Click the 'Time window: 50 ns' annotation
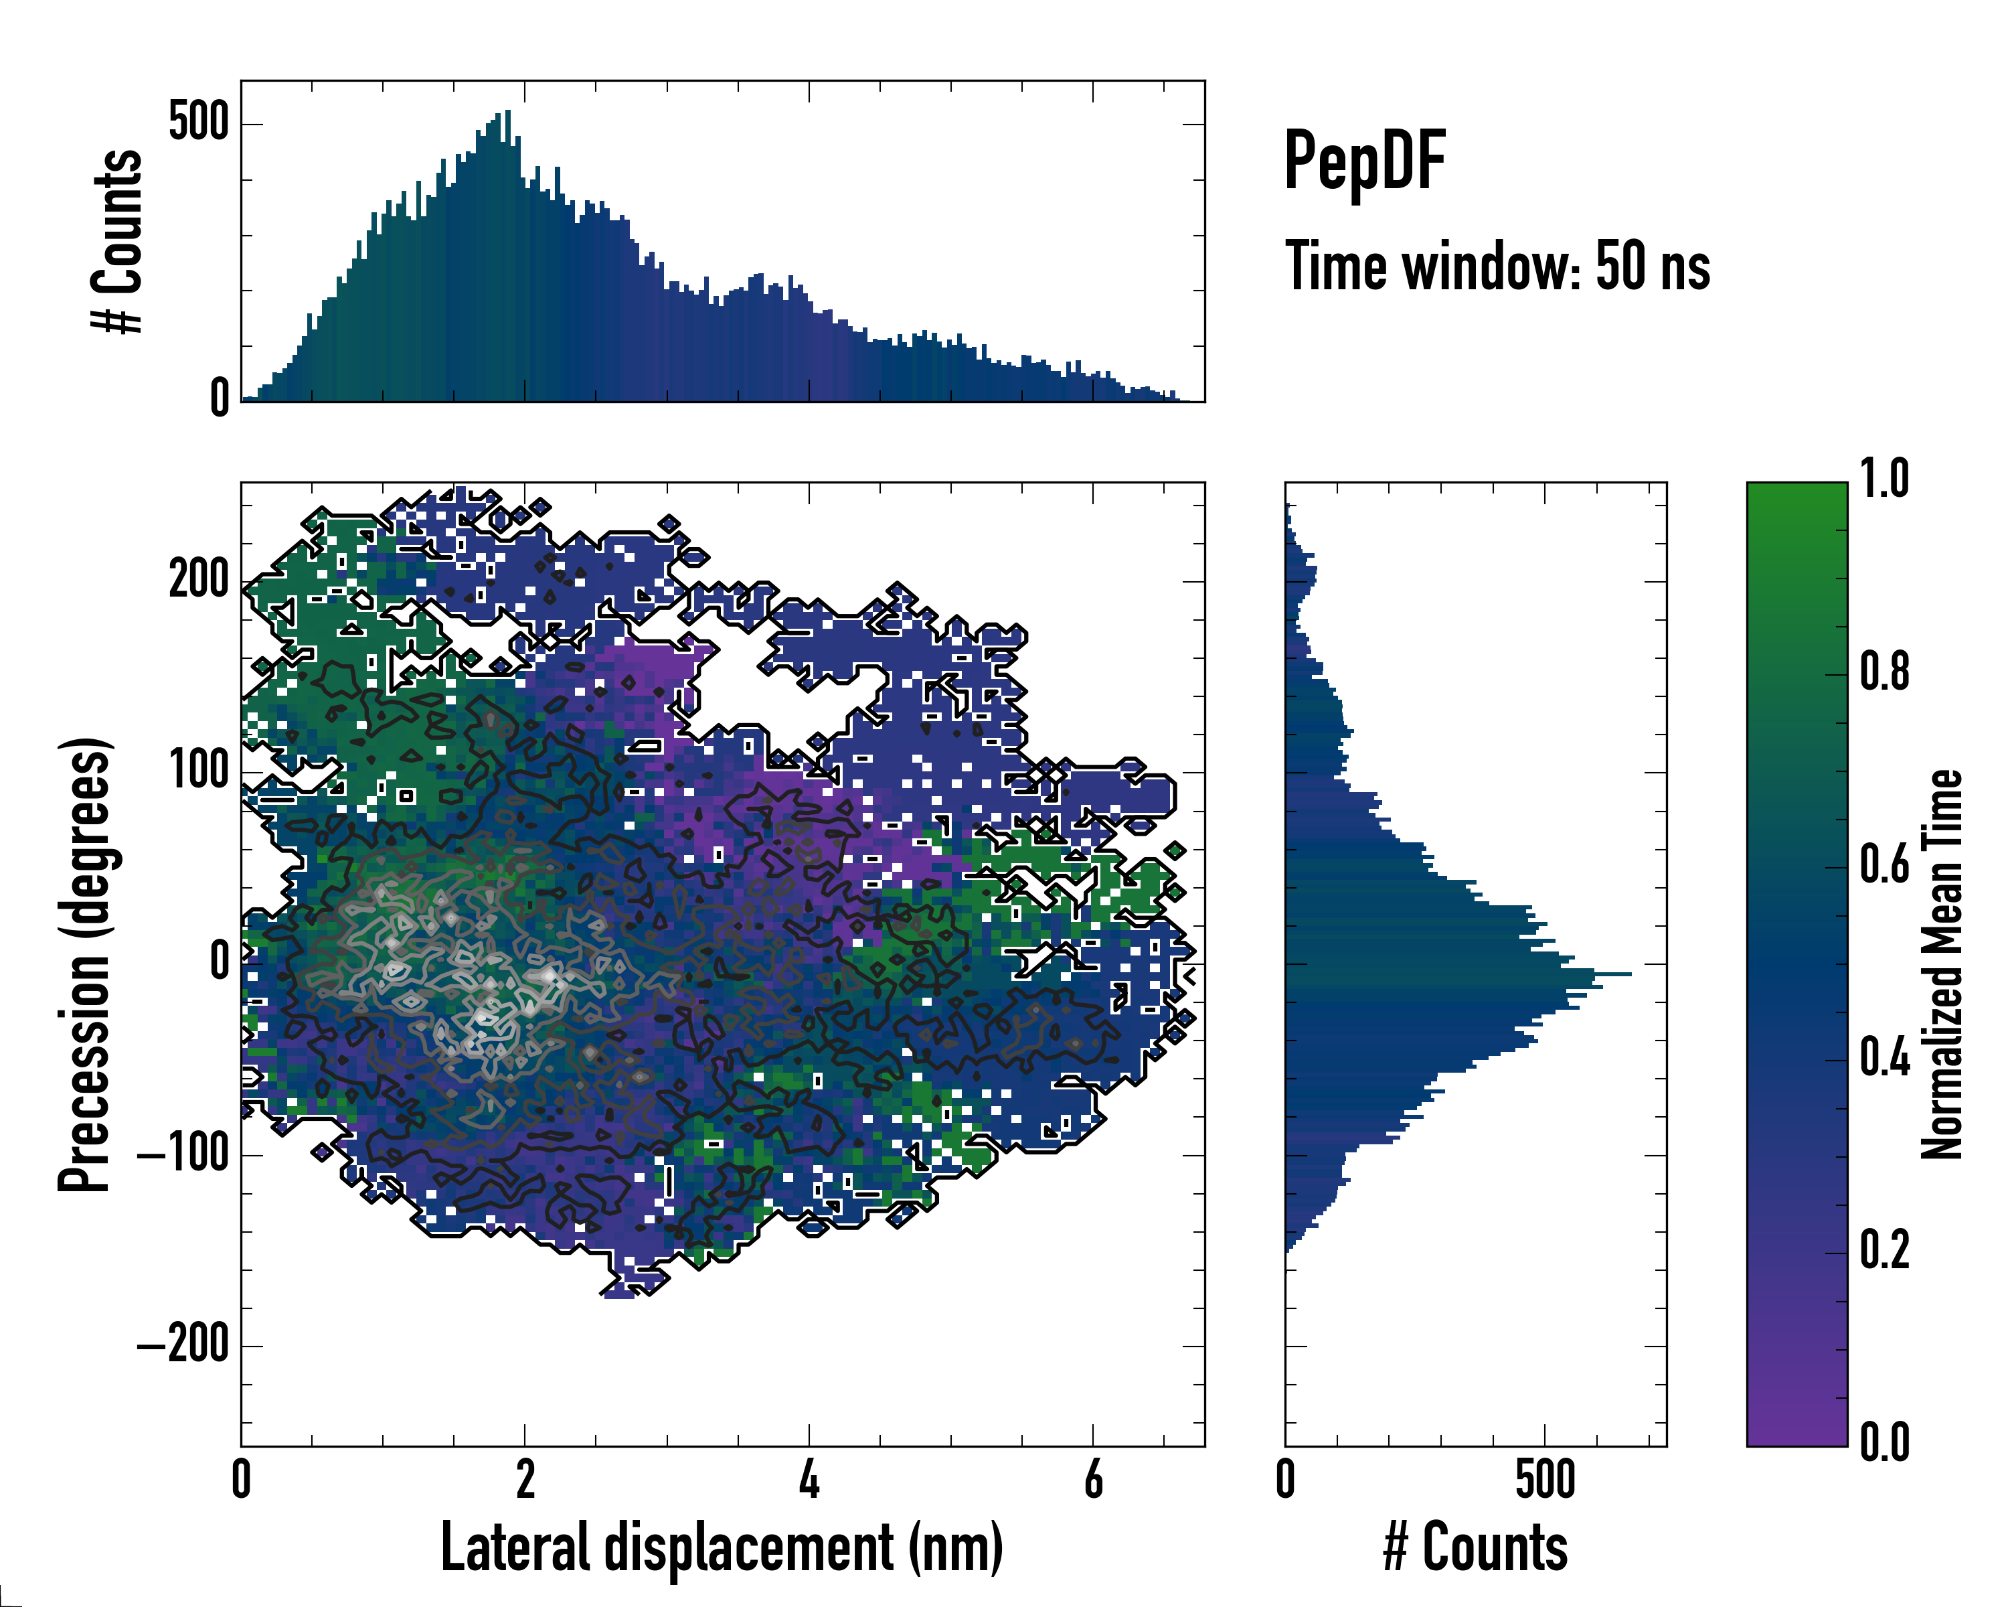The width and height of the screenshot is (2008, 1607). pos(1497,266)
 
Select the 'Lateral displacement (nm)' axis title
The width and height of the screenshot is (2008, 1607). pos(722,1547)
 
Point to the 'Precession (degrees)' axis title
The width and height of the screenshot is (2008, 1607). pos(86,964)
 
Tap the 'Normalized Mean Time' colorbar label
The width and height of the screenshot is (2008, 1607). pos(1942,964)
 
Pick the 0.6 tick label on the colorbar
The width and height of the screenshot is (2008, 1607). pos(1884,864)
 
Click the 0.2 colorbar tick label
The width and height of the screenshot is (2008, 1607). pos(1884,1249)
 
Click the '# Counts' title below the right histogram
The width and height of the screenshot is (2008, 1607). pos(1475,1547)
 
